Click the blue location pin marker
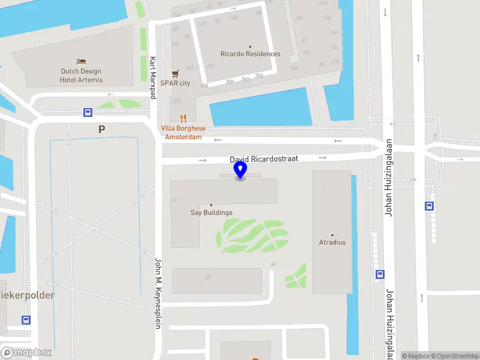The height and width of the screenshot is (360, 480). (241, 169)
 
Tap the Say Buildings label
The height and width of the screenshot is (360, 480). (211, 212)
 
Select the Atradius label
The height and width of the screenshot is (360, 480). (332, 242)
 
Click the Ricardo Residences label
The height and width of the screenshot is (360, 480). (250, 54)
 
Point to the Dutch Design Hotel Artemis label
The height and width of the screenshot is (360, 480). (82, 76)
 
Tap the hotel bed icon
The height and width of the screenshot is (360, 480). (82, 61)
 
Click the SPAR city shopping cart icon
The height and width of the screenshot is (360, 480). (175, 73)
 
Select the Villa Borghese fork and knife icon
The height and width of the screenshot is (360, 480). (184, 119)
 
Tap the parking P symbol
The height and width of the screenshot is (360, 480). (101, 129)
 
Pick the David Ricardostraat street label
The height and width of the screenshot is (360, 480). (264, 160)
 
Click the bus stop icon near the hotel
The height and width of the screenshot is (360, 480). (88, 112)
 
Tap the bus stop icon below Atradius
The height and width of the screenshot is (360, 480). (380, 274)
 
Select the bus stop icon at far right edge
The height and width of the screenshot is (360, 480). (429, 206)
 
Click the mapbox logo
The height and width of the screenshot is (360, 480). (26, 353)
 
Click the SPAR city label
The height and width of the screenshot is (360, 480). (175, 83)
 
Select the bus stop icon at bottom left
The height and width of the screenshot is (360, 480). (26, 320)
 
